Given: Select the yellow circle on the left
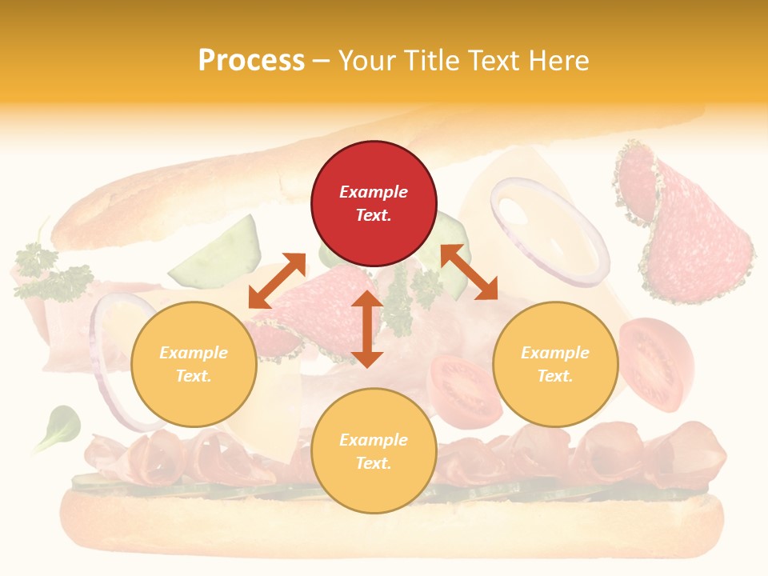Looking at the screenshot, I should (194, 364).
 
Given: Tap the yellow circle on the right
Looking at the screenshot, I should (555, 364).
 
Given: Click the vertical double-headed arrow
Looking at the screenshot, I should (367, 329).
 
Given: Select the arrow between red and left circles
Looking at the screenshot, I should (277, 280).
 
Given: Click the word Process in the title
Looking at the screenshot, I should (251, 61).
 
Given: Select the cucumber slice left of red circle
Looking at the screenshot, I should (216, 256).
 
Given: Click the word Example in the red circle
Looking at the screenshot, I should (374, 192).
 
